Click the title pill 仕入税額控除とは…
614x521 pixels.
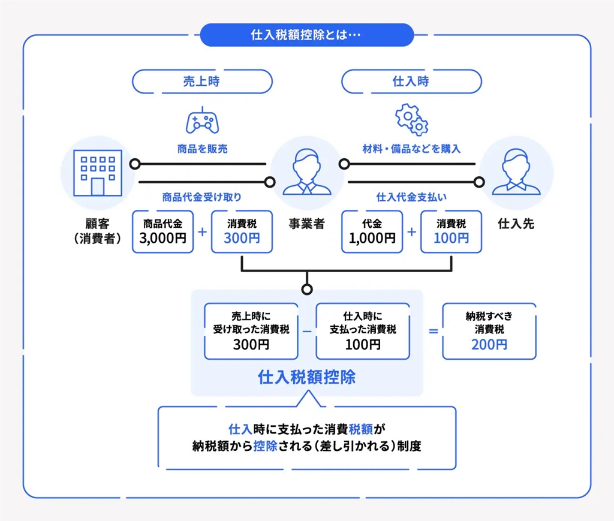306,35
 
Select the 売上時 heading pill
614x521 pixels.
201,82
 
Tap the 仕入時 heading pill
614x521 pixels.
411,82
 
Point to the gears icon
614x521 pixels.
412,119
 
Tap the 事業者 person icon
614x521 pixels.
306,172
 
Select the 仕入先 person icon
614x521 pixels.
516,172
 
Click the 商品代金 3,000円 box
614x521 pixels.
163,231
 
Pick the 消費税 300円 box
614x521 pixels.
242,231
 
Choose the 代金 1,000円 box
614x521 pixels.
372,231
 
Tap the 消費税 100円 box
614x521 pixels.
451,231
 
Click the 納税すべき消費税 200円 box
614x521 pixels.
489,331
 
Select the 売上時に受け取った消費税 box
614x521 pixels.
251,331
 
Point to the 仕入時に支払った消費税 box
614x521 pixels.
363,331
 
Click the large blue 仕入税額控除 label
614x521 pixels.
306,377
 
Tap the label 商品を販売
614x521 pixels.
201,149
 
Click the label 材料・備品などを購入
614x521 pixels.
411,149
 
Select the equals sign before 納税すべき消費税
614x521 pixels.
434,332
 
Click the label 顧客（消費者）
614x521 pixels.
96,231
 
